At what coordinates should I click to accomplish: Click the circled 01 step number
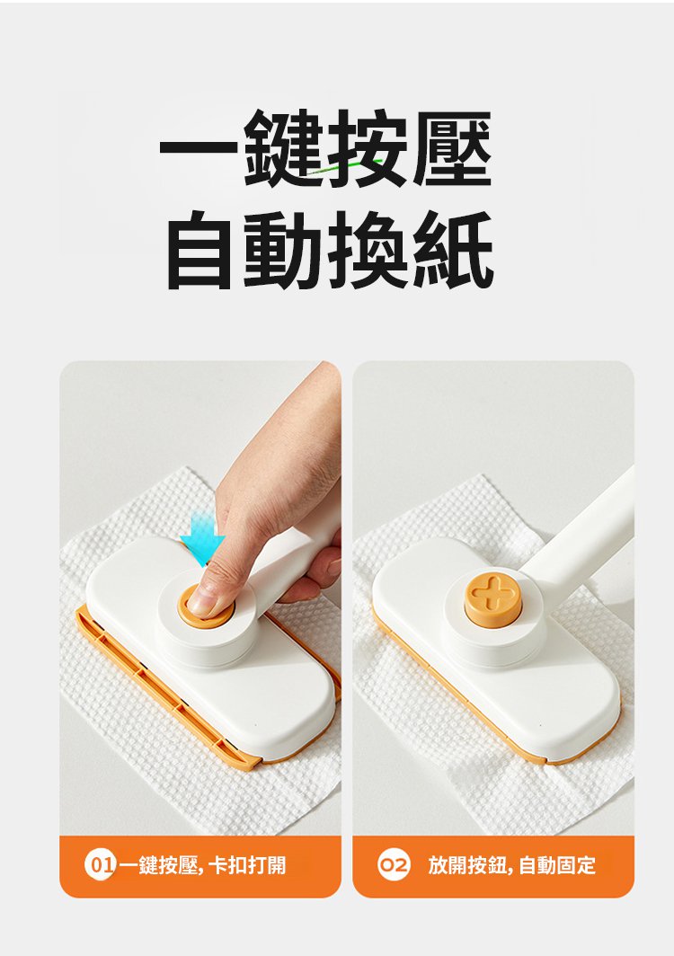click(100, 865)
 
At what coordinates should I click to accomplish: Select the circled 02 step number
click(394, 865)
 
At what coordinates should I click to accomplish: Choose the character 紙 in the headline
click(452, 249)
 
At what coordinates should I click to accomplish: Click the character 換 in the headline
click(368, 249)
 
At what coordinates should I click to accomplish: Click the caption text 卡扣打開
click(246, 865)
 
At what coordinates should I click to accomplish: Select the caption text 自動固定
click(557, 865)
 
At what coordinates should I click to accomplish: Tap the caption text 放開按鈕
click(466, 865)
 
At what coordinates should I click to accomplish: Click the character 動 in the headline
click(284, 249)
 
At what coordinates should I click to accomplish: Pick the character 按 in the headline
click(368, 148)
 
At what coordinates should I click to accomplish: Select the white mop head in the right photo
click(495, 646)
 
